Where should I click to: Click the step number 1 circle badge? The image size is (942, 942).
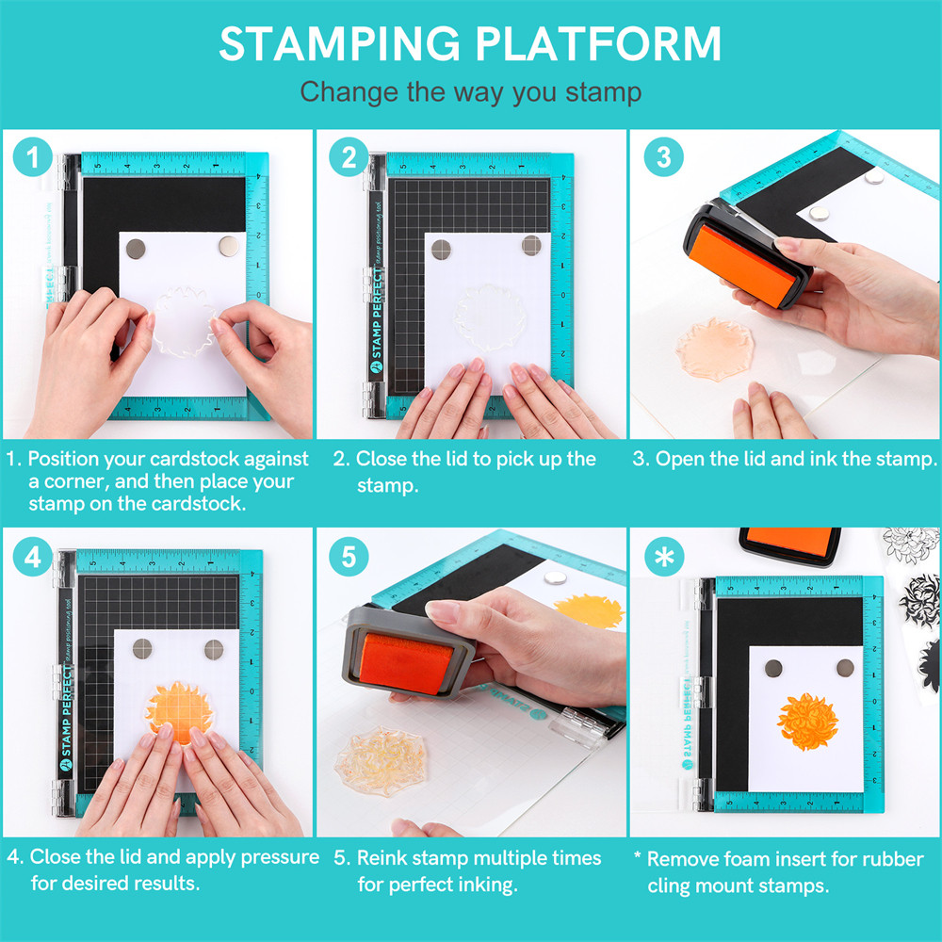pyautogui.click(x=34, y=157)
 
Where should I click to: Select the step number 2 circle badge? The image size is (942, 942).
pyautogui.click(x=349, y=157)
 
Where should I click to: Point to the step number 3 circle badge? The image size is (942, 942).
pyautogui.click(x=663, y=157)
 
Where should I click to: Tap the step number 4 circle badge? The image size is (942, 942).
pyautogui.click(x=34, y=557)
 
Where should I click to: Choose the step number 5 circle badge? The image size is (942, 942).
pyautogui.click(x=349, y=557)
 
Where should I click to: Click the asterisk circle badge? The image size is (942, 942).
pyautogui.click(x=663, y=557)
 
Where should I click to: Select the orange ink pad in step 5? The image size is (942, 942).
pyautogui.click(x=401, y=663)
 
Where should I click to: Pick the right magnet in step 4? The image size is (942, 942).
pyautogui.click(x=214, y=648)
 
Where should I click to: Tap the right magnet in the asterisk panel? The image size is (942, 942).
pyautogui.click(x=845, y=667)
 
